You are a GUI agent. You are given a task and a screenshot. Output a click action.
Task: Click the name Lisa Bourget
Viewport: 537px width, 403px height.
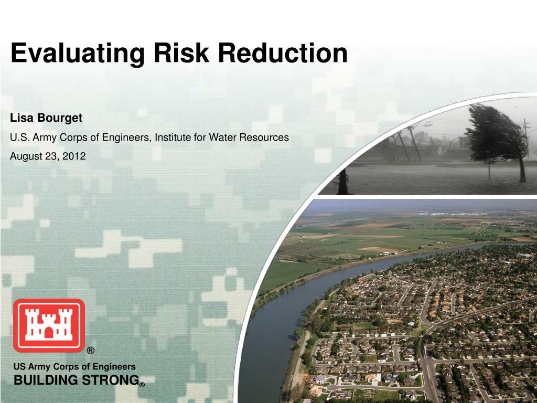[46, 118]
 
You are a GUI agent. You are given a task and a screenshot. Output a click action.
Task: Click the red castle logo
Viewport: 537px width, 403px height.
[49, 325]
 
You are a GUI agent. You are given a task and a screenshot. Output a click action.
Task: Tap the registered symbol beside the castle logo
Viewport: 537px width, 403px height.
[90, 351]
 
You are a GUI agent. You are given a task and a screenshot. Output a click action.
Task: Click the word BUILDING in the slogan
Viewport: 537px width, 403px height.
[44, 380]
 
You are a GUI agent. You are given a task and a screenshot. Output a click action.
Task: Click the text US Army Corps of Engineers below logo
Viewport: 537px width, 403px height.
[74, 367]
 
